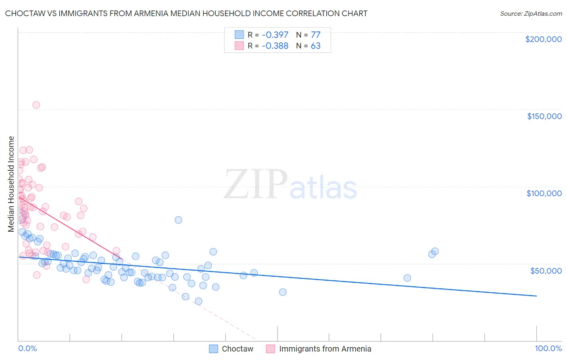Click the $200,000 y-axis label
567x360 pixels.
(x=543, y=39)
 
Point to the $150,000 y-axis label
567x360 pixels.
(x=544, y=116)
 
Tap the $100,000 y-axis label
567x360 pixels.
(x=544, y=193)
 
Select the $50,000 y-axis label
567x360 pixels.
(x=546, y=270)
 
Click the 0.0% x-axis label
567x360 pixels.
(x=27, y=348)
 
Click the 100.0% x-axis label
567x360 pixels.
(x=548, y=348)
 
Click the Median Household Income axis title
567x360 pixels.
(x=11, y=184)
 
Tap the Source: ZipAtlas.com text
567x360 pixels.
(x=531, y=13)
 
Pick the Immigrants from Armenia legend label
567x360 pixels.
(x=325, y=349)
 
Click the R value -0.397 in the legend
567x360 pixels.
(x=275, y=35)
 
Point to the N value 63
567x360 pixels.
(x=315, y=46)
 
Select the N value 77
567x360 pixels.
(x=315, y=35)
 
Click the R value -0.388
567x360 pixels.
(x=275, y=46)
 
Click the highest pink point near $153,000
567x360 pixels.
(x=36, y=105)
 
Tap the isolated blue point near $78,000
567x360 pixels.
(x=178, y=220)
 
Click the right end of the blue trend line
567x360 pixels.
(x=536, y=296)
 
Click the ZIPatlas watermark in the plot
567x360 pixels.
(x=290, y=185)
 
